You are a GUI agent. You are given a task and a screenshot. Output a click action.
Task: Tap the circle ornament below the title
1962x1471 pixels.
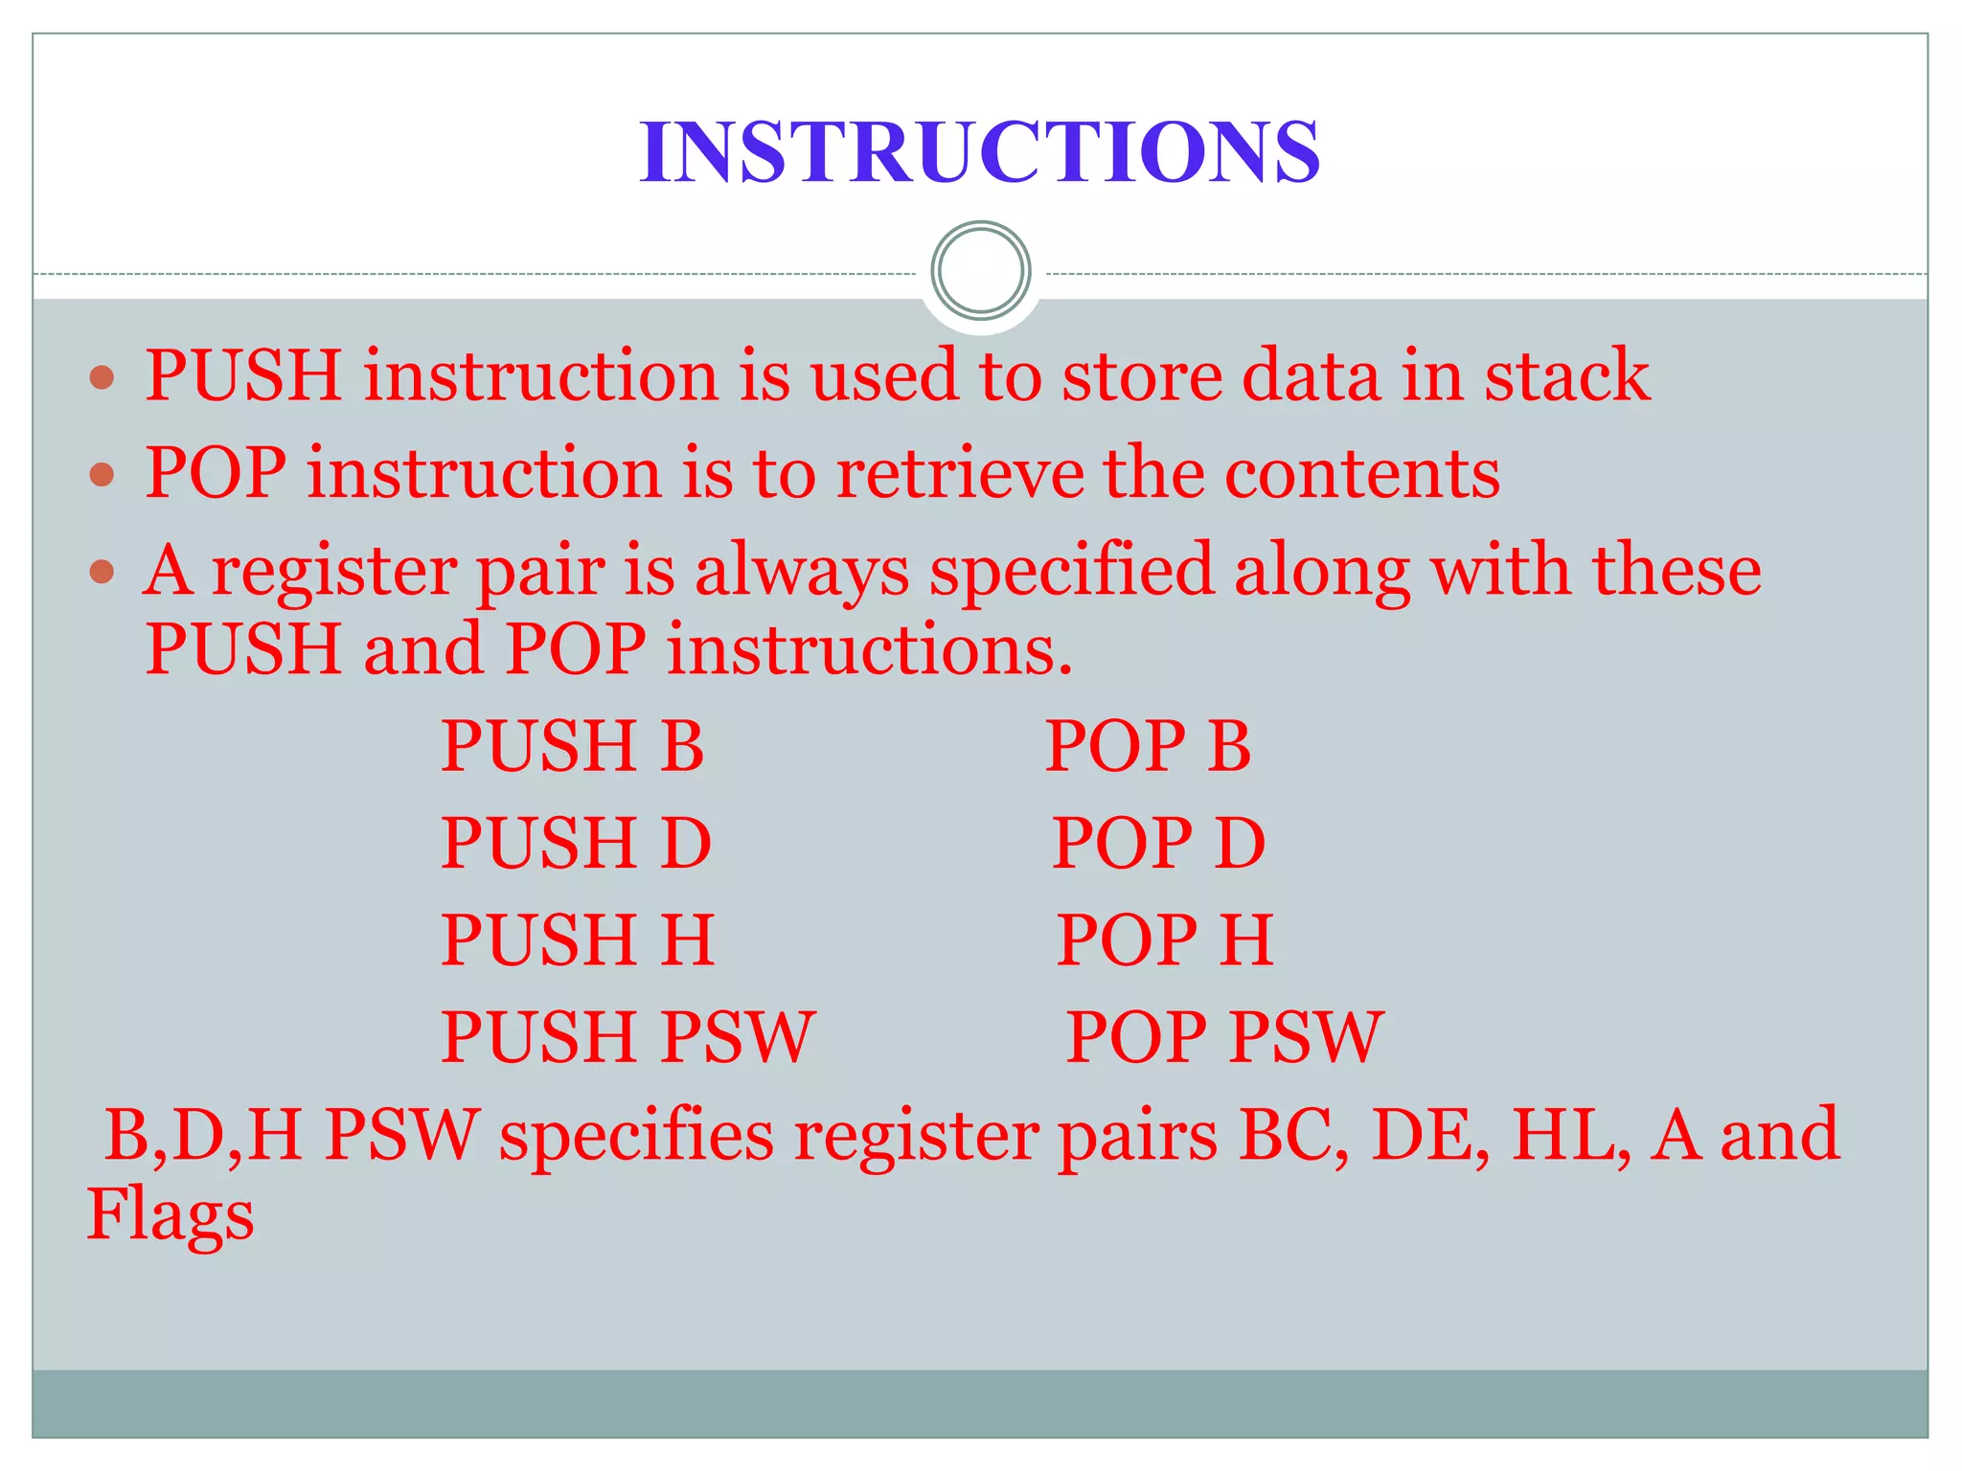[x=980, y=270]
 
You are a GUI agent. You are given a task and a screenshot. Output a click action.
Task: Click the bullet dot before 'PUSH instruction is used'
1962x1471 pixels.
[x=102, y=376]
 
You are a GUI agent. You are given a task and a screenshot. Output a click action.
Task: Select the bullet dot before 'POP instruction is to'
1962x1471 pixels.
[x=102, y=474]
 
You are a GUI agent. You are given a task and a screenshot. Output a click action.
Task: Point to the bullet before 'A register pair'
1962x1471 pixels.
[x=102, y=573]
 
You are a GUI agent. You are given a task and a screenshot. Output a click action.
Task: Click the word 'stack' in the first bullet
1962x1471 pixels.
[x=1567, y=375]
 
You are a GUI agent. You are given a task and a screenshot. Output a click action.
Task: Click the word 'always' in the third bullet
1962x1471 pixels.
[x=802, y=572]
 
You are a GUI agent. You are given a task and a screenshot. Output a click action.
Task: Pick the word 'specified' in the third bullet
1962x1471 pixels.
[x=1072, y=572]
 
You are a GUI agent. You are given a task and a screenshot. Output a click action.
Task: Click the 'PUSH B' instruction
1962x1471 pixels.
[x=572, y=746]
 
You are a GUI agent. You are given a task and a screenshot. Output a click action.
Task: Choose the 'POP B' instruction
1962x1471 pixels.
[x=1148, y=746]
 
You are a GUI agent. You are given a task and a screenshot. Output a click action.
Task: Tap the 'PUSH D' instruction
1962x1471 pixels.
[x=576, y=844]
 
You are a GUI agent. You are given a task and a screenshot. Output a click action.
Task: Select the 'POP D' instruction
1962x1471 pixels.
[x=1158, y=844]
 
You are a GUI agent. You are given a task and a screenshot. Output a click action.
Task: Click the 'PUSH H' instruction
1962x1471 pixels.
[x=578, y=940]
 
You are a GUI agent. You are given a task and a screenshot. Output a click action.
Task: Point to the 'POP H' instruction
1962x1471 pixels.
[x=1164, y=940]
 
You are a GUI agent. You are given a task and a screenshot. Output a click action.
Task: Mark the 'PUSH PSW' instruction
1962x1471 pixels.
[x=627, y=1037]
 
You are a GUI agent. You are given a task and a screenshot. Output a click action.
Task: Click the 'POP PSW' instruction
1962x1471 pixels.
[x=1224, y=1037]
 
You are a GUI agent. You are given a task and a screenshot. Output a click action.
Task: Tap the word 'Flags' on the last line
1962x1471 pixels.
[x=171, y=1215]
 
